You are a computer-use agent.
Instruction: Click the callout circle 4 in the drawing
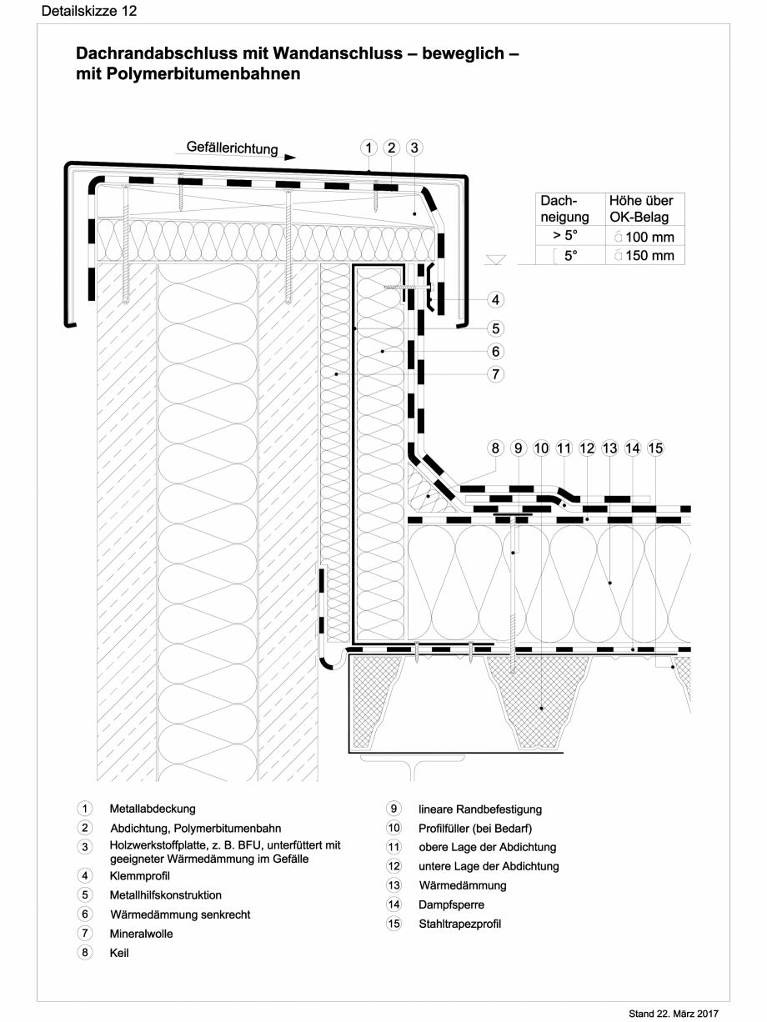tap(495, 298)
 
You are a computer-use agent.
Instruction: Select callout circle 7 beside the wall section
tap(495, 374)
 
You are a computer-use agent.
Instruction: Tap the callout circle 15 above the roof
tap(655, 448)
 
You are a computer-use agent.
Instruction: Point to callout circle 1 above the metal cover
tap(368, 148)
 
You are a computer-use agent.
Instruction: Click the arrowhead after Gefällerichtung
tap(289, 156)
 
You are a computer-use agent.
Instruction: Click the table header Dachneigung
tap(565, 208)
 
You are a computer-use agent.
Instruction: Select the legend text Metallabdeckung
tap(153, 809)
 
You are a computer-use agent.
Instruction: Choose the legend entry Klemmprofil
tap(139, 875)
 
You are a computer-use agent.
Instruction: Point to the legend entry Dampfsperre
tap(451, 904)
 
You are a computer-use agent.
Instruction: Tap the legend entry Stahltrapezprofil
tap(459, 924)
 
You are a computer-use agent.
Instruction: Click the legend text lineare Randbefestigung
tap(479, 809)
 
